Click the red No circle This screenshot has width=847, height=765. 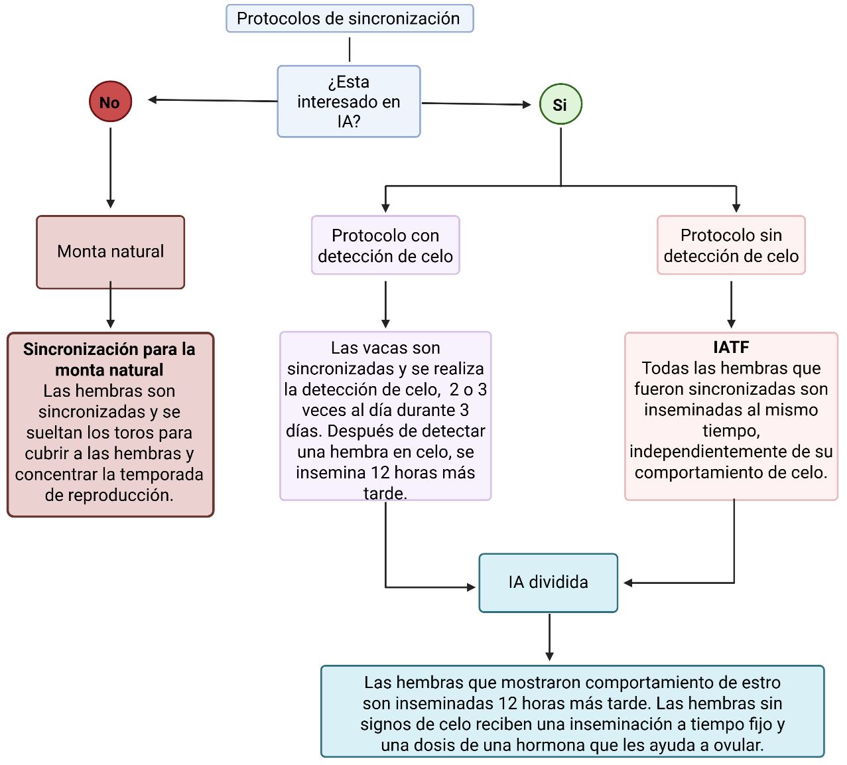pos(110,102)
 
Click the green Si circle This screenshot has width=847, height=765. pos(560,104)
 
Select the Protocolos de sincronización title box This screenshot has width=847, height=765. pos(349,19)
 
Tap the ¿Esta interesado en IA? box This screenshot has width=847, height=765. pos(349,102)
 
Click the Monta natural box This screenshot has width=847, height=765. pos(110,251)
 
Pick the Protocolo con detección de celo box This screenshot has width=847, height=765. pos(385,245)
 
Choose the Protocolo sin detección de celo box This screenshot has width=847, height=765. pos(731,245)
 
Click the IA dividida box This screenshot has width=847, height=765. pos(548,583)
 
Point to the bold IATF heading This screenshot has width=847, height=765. pos(731,347)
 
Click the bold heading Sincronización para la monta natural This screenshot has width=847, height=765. pos(109,359)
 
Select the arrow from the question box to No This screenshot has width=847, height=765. pos(212,100)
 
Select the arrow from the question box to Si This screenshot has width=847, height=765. pos(476,104)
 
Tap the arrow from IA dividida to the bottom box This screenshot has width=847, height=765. pos(549,637)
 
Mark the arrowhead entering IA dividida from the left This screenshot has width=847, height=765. pos(471,587)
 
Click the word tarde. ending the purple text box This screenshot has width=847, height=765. pos(385,494)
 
